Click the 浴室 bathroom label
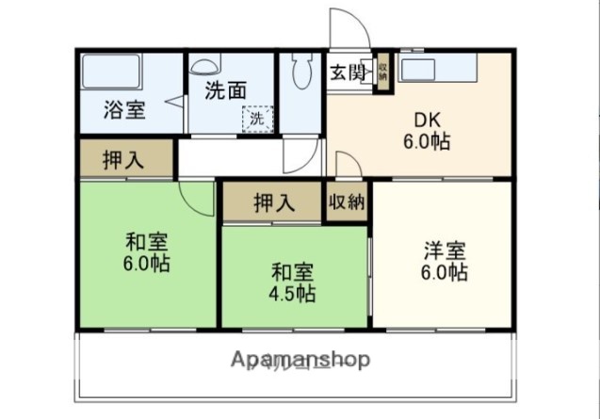point(124,109)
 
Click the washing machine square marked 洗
point(256,120)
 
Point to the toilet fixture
point(302,71)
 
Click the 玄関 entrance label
point(349,73)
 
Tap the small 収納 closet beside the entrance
point(382,73)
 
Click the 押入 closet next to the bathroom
point(123,159)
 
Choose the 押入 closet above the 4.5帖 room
point(274,202)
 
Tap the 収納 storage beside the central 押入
point(348,201)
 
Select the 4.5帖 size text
point(293,294)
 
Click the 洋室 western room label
point(444,251)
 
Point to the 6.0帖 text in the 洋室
point(444,273)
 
